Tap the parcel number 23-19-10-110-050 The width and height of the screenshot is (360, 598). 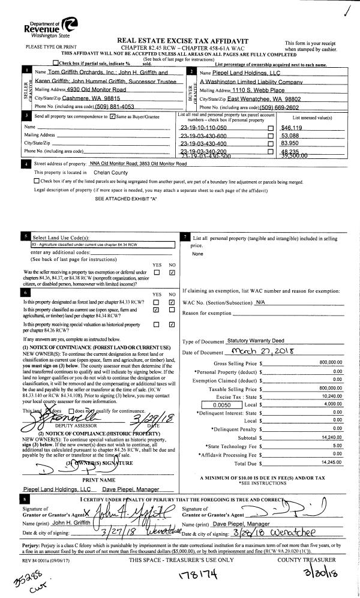click(x=203, y=128)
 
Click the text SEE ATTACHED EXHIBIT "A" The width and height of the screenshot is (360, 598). click(x=125, y=198)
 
